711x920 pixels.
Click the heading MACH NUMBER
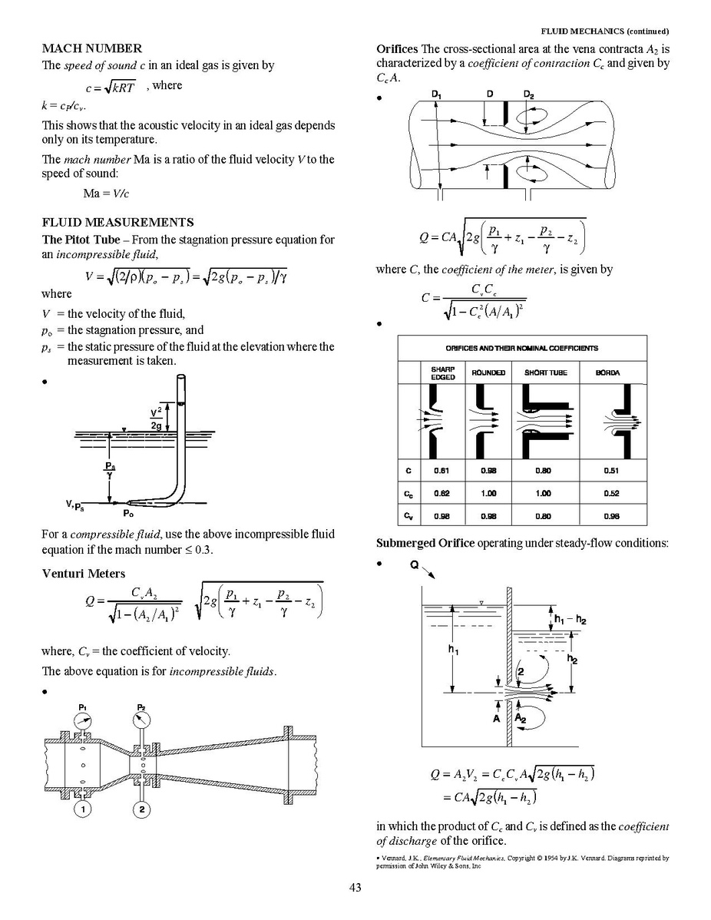point(91,48)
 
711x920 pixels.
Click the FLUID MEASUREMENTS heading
point(117,223)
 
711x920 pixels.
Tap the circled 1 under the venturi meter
point(82,809)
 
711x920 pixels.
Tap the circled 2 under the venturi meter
point(141,809)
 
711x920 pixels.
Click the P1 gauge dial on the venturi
point(83,720)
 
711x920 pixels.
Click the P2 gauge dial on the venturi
point(141,720)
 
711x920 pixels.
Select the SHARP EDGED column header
point(443,372)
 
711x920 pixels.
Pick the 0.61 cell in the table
point(441,471)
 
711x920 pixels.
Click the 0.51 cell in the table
point(612,471)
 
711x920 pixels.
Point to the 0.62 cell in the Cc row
point(441,494)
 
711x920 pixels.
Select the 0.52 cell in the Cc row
point(612,494)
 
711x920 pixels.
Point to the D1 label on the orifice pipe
point(436,94)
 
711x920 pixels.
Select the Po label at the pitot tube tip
point(131,512)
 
